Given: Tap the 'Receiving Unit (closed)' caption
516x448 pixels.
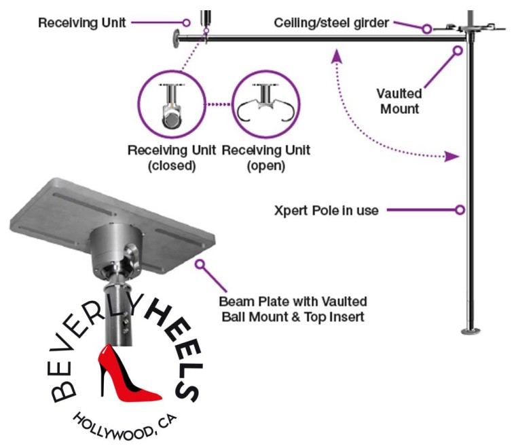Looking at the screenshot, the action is click(172, 158).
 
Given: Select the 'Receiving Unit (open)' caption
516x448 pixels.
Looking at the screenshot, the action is click(266, 158).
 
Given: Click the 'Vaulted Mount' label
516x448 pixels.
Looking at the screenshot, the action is click(399, 101).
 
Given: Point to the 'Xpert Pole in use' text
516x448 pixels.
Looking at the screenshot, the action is click(327, 210).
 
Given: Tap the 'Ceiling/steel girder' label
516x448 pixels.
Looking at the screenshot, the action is click(331, 23).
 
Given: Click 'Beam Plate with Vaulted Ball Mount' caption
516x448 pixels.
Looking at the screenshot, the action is click(293, 309).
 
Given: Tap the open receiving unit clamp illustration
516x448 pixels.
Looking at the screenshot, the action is click(265, 102).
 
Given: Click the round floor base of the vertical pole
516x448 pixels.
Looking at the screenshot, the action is click(471, 331).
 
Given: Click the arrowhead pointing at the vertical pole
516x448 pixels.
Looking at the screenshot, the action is click(452, 157).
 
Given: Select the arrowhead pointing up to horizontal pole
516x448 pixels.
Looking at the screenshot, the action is click(336, 56).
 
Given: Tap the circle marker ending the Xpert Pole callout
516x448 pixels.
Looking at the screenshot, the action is click(460, 210).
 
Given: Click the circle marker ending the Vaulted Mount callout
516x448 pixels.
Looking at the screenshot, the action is click(458, 51).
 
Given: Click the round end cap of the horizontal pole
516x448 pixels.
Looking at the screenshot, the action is click(177, 39).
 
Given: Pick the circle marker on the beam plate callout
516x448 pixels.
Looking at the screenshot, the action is click(200, 264).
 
